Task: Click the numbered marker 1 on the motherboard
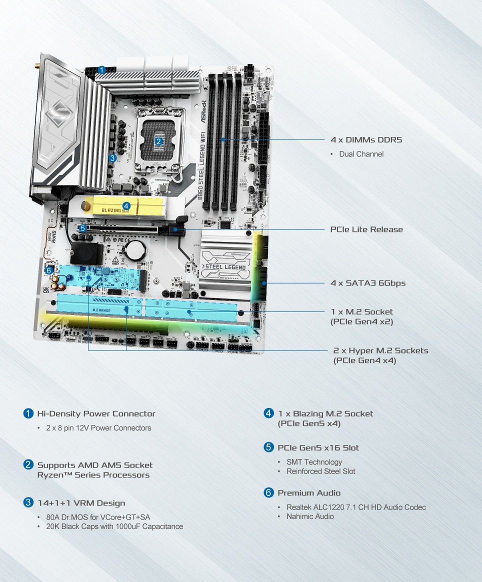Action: (x=102, y=69)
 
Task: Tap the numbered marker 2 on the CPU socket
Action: (x=159, y=141)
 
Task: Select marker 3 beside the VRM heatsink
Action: (x=112, y=158)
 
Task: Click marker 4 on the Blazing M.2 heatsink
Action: (x=126, y=205)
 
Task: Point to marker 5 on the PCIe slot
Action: (x=82, y=228)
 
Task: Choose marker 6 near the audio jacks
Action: (x=48, y=270)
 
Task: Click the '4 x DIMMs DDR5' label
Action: (x=366, y=139)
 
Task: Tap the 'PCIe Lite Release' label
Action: (x=366, y=229)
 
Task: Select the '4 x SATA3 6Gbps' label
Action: (x=367, y=283)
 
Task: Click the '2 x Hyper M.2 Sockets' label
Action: (x=380, y=350)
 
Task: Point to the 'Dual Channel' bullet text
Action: (x=361, y=154)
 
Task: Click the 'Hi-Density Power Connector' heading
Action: (x=96, y=413)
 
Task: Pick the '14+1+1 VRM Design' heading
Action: (x=81, y=502)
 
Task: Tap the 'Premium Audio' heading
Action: (x=309, y=493)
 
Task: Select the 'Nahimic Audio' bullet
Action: (x=310, y=516)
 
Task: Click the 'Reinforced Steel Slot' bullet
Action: (x=320, y=471)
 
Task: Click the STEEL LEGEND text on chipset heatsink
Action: (x=226, y=267)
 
